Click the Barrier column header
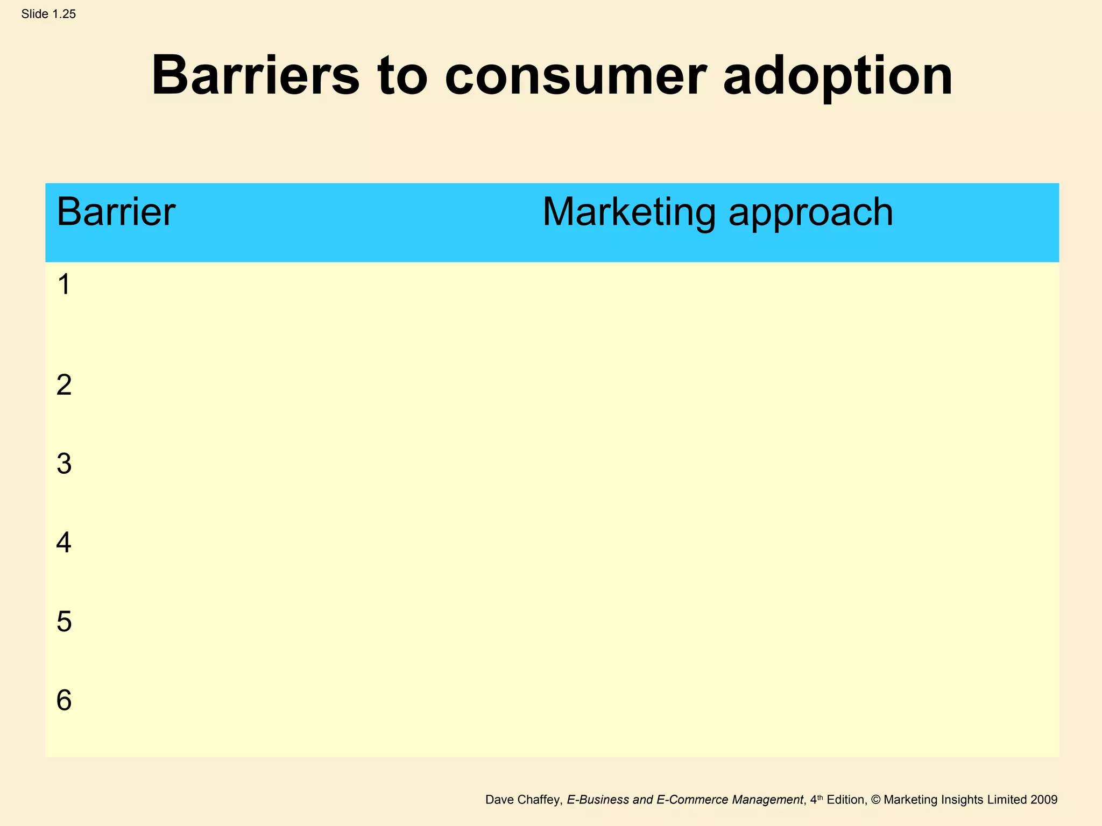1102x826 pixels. tap(116, 212)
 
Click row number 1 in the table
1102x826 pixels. tap(64, 284)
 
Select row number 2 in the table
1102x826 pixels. tap(64, 386)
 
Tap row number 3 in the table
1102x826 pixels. tap(64, 464)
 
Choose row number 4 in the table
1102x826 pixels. tap(64, 543)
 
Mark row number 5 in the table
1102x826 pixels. tap(64, 622)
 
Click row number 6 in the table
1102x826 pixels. tap(64, 701)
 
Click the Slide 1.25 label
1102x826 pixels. tap(48, 15)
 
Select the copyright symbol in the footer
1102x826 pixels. tap(875, 800)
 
